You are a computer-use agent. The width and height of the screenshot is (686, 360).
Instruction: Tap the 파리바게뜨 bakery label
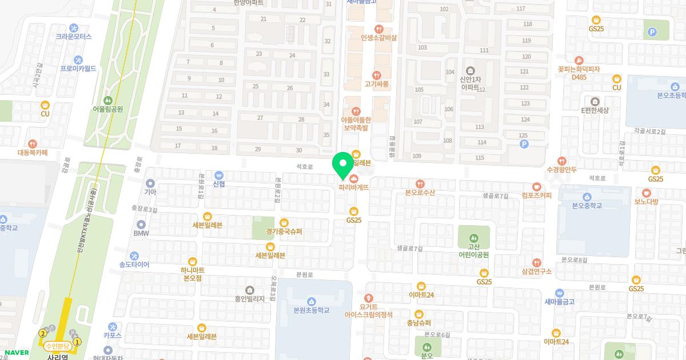pyautogui.click(x=354, y=187)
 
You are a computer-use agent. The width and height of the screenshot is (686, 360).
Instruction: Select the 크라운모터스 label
pyautogui.click(x=74, y=36)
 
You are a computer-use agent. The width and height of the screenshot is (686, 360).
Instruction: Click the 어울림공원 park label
pyautogui.click(x=109, y=109)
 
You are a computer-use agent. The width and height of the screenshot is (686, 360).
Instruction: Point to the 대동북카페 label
pyautogui.click(x=33, y=153)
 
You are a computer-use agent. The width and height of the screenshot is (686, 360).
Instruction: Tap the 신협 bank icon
pyautogui.click(x=218, y=175)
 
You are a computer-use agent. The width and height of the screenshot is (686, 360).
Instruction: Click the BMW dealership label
pyautogui.click(x=141, y=233)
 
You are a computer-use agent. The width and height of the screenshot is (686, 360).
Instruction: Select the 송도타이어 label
pyautogui.click(x=134, y=265)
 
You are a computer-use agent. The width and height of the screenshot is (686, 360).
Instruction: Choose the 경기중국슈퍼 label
pyautogui.click(x=284, y=232)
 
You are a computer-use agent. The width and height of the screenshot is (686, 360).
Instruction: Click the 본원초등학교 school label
pyautogui.click(x=312, y=310)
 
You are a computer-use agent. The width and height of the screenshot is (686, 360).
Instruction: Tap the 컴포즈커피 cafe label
pyautogui.click(x=536, y=195)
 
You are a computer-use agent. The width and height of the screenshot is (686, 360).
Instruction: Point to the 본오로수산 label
pyautogui.click(x=420, y=193)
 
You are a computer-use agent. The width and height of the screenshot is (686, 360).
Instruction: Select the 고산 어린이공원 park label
pyautogui.click(x=474, y=250)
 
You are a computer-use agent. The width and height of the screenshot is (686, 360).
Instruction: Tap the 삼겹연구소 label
pyautogui.click(x=537, y=271)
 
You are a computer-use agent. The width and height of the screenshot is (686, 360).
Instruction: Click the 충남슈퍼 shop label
pyautogui.click(x=419, y=323)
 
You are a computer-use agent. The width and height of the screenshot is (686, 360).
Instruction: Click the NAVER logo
pyautogui.click(x=17, y=353)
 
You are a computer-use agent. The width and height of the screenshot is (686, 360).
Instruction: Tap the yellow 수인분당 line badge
pyautogui.click(x=57, y=346)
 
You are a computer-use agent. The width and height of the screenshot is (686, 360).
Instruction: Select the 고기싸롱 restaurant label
pyautogui.click(x=377, y=84)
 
